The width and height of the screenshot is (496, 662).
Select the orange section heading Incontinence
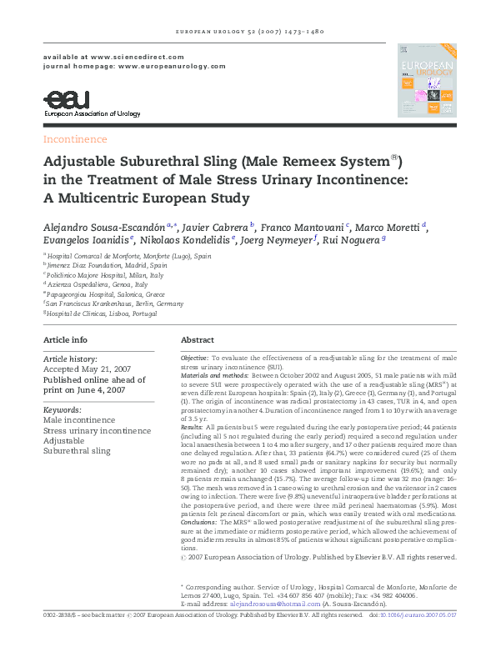(x=75, y=139)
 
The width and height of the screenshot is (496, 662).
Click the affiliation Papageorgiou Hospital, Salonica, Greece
(x=108, y=294)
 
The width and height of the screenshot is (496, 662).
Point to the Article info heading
(x=65, y=340)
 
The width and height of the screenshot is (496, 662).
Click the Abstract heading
(x=198, y=340)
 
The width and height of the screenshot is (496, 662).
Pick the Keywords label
(x=62, y=409)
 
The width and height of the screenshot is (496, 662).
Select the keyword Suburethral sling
(x=77, y=450)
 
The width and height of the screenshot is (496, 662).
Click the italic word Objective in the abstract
(x=195, y=357)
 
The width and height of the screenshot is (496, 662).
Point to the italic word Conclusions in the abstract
(x=201, y=520)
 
